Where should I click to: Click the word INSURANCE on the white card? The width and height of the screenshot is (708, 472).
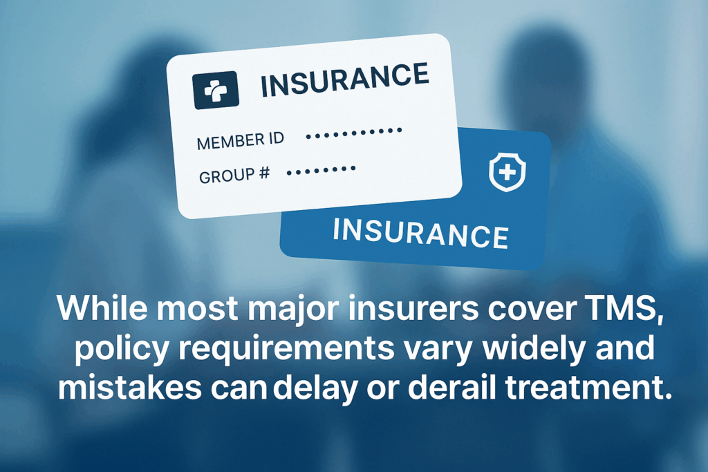pos(345,80)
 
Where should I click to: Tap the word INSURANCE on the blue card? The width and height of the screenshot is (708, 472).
pos(421,233)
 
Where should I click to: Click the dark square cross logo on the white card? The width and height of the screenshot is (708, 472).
pos(216,90)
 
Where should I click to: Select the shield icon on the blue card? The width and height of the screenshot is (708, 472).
pos(507,172)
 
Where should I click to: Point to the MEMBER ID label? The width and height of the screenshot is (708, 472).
pos(241,140)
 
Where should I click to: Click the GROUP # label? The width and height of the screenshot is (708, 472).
pos(234,175)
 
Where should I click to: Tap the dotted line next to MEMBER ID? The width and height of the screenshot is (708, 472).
pos(353,133)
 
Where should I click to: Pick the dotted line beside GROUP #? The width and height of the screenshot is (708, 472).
pos(321,171)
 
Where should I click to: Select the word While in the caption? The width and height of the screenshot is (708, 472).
pos(102,308)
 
